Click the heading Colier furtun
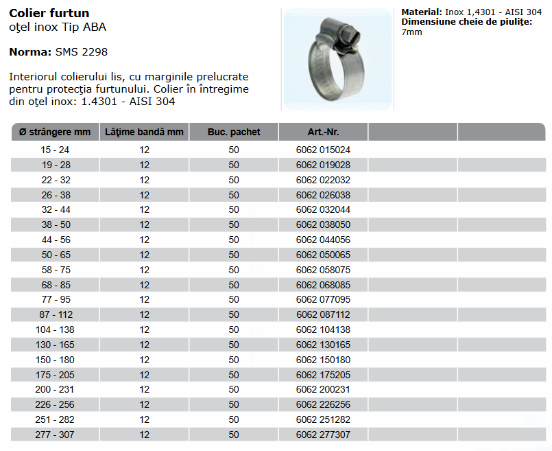click(x=49, y=13)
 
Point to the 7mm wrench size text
click(x=411, y=32)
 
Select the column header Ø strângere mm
click(x=55, y=132)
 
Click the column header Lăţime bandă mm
click(x=144, y=132)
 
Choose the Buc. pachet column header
click(x=234, y=132)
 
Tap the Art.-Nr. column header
click(x=323, y=132)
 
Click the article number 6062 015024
click(x=323, y=150)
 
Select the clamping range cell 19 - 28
click(x=55, y=165)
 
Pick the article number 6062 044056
click(x=323, y=240)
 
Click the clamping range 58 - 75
click(x=55, y=270)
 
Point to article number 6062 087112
click(x=323, y=314)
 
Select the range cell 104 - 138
click(x=55, y=329)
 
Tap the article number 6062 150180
click(x=323, y=360)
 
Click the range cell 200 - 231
click(x=55, y=389)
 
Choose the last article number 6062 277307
click(x=323, y=435)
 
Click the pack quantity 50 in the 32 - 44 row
click(x=234, y=209)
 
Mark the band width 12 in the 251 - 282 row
click(x=144, y=419)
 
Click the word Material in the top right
click(x=421, y=12)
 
